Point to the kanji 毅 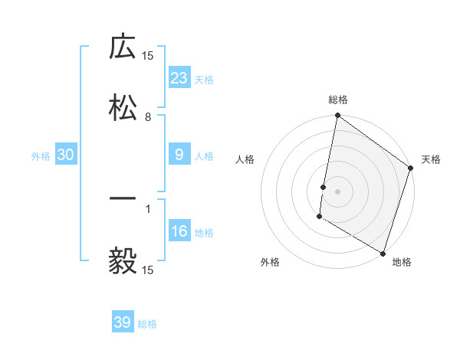pos(123,260)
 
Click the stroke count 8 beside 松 pos(148,117)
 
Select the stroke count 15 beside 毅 pos(148,270)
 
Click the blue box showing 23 pos(179,78)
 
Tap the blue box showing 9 pos(179,155)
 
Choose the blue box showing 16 pos(179,231)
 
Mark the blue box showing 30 pos(66,155)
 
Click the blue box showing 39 pos(123,322)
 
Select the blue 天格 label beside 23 pos(204,79)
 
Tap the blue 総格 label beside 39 pos(147,324)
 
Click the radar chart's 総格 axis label pos(338,100)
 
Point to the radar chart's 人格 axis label pos(245,159)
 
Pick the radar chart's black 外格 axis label pos(270,262)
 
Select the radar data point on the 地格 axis pos(383,252)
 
